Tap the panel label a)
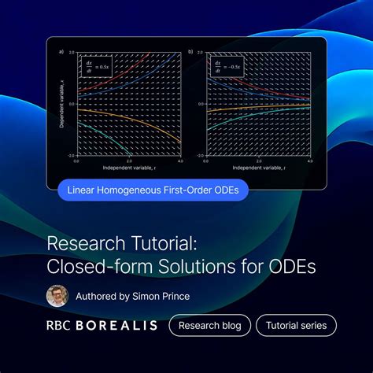click(x=61, y=52)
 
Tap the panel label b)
click(x=190, y=52)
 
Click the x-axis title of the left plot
click(x=129, y=168)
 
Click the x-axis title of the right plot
click(x=259, y=168)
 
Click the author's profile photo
click(x=57, y=296)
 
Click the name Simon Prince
click(x=165, y=297)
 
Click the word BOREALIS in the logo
click(x=116, y=325)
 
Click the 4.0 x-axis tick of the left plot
click(x=180, y=161)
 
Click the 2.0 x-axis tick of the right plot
click(x=259, y=161)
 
